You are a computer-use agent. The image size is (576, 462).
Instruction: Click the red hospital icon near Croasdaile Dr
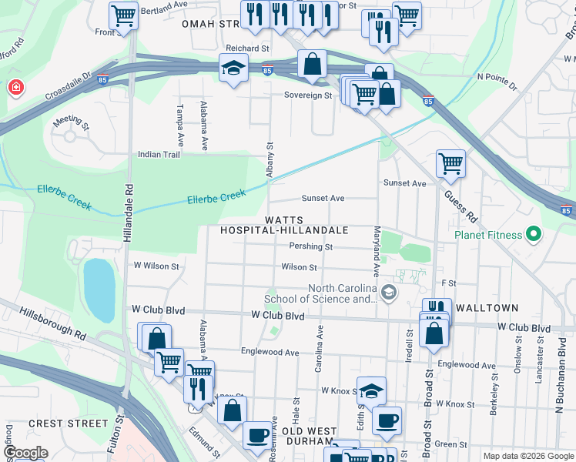point(14,89)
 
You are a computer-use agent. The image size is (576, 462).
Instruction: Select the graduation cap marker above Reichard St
point(233,68)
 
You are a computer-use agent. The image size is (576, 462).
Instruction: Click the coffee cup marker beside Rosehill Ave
point(257,435)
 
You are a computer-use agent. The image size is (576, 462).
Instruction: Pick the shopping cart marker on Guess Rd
point(450,163)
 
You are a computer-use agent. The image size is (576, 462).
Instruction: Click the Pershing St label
point(310,247)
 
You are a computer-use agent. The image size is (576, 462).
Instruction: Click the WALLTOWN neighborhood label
point(487,308)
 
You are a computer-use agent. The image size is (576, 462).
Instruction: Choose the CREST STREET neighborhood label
point(68,423)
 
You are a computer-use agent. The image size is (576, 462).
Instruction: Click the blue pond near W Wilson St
point(99,290)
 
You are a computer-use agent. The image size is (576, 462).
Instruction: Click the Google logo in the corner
point(26,452)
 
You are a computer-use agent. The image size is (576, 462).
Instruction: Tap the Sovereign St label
point(307,96)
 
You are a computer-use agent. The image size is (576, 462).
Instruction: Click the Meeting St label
point(71,122)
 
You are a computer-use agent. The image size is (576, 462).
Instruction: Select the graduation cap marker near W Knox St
point(371,390)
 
